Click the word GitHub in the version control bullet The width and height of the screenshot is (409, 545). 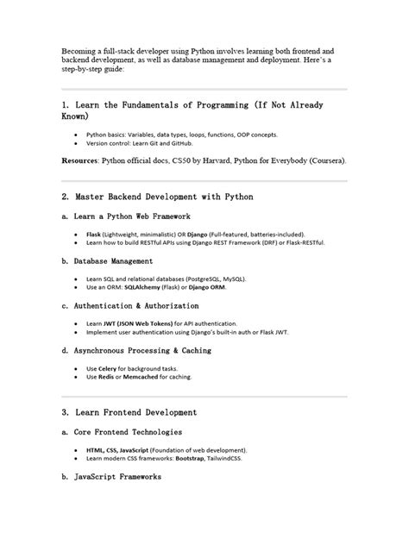tap(198, 143)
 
